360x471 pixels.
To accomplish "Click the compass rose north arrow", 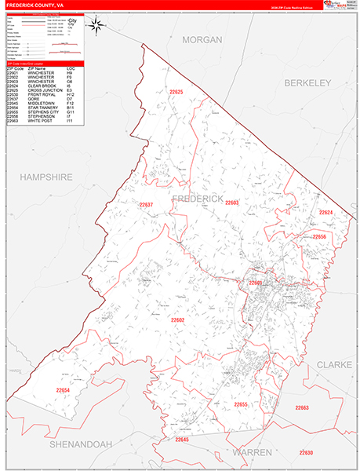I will pos(97,26).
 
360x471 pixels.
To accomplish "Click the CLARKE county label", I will pos(336,365).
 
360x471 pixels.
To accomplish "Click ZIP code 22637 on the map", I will pos(147,205).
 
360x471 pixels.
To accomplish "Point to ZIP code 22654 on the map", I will pos(63,390).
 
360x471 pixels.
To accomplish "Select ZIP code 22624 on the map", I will pos(325,213).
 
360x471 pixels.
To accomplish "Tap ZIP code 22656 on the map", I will pos(319,236).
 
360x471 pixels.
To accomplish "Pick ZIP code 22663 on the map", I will pos(302,407).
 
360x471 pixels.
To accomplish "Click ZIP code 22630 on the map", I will pos(305,453).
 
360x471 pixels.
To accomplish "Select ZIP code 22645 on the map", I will pos(183,440).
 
